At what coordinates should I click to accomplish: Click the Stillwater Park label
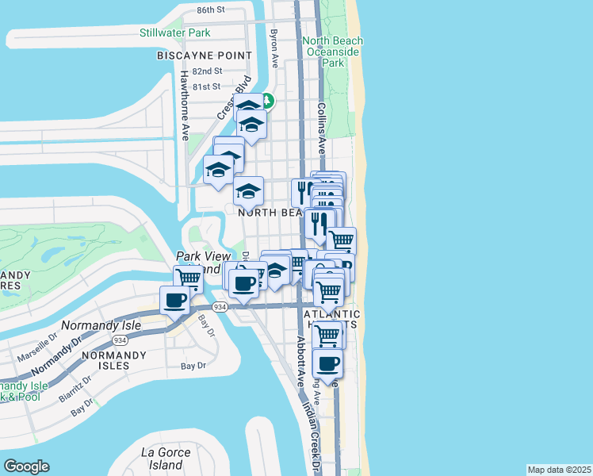click(x=175, y=33)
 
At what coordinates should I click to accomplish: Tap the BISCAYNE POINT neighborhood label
click(x=205, y=56)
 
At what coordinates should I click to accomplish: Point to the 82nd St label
click(x=205, y=71)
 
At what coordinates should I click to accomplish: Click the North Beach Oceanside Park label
click(x=334, y=52)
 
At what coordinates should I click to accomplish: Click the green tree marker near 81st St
click(x=268, y=101)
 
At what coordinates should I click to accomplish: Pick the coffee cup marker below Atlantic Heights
click(x=327, y=364)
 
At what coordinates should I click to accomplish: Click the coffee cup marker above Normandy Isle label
click(x=174, y=301)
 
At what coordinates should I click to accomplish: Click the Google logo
click(x=26, y=466)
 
